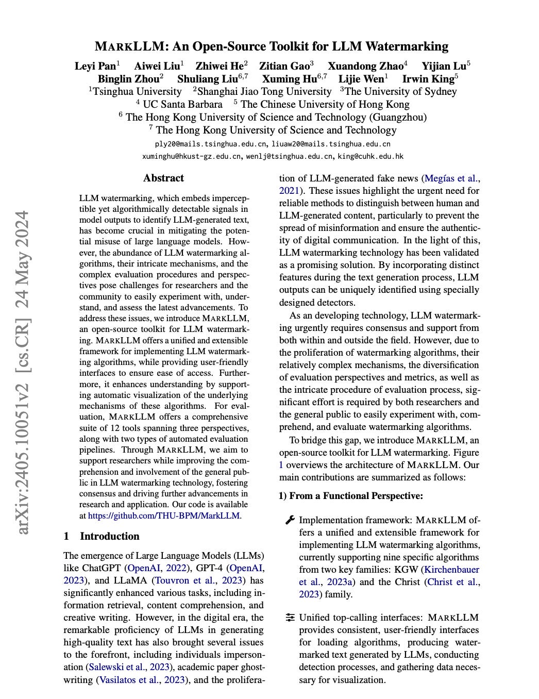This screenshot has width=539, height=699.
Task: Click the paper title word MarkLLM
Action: tap(129, 46)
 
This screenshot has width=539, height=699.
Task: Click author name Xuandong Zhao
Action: tap(365, 66)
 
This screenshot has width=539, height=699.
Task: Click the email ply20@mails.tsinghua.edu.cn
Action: tap(209, 144)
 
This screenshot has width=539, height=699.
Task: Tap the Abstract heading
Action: tap(163, 178)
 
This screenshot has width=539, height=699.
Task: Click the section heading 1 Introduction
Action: tap(102, 536)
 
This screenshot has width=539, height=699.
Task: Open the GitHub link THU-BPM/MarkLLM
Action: tap(164, 515)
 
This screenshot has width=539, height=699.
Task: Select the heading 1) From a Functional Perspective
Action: tap(351, 496)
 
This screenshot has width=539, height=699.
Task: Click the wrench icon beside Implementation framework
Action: tap(290, 520)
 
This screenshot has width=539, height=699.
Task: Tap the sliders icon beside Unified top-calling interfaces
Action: tap(290, 618)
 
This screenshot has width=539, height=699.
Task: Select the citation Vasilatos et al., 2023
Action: tap(140, 679)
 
